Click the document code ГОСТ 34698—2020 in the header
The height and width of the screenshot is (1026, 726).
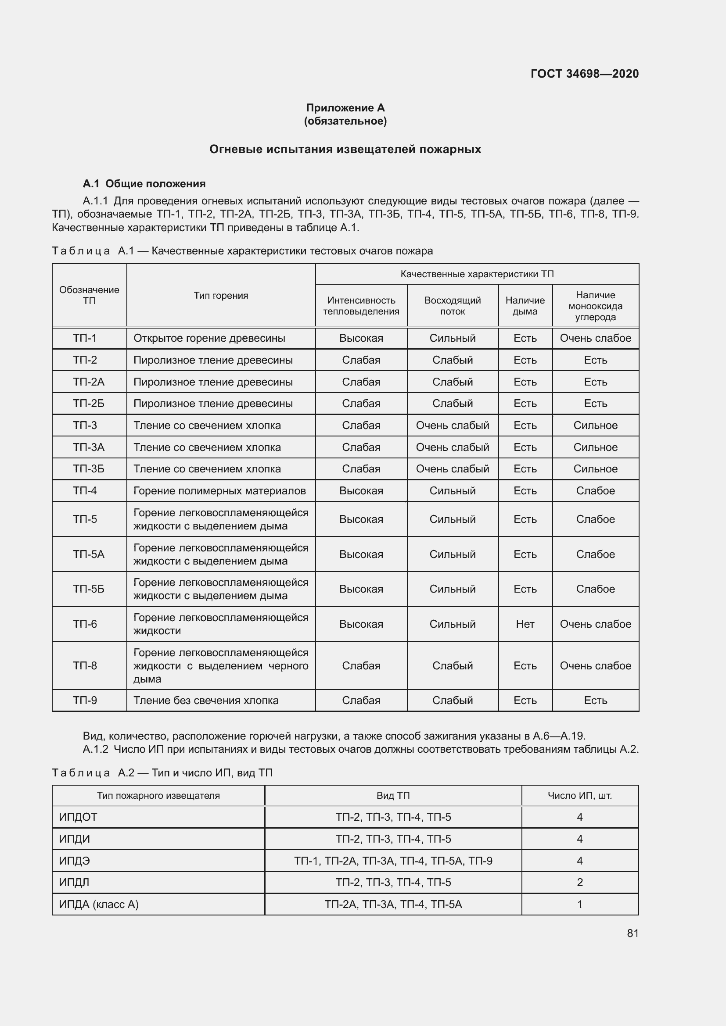click(x=584, y=74)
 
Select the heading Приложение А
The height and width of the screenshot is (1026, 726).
click(x=345, y=108)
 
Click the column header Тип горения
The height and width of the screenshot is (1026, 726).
click(x=221, y=295)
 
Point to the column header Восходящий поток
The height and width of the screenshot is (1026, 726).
click(x=453, y=306)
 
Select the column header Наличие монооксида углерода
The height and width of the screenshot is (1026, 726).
click(x=595, y=306)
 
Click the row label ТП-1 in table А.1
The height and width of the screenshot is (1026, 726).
click(x=85, y=338)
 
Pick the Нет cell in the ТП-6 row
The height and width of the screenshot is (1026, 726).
click(x=525, y=624)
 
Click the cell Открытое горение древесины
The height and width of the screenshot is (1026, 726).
click(x=209, y=338)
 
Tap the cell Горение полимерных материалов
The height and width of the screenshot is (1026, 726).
click(x=219, y=491)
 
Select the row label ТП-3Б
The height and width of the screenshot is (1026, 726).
click(x=89, y=469)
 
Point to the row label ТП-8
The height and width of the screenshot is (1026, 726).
click(x=85, y=665)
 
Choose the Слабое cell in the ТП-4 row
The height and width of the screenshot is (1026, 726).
click(x=595, y=491)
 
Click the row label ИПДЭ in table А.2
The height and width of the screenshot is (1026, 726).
click(x=74, y=861)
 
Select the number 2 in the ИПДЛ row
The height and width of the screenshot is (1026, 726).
click(x=580, y=882)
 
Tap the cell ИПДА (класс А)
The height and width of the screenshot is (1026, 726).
click(x=99, y=904)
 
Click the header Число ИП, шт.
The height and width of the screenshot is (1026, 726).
click(x=580, y=795)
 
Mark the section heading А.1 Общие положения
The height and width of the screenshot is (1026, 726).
click(x=144, y=184)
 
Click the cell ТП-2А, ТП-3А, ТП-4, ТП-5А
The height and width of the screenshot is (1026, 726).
click(x=393, y=904)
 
